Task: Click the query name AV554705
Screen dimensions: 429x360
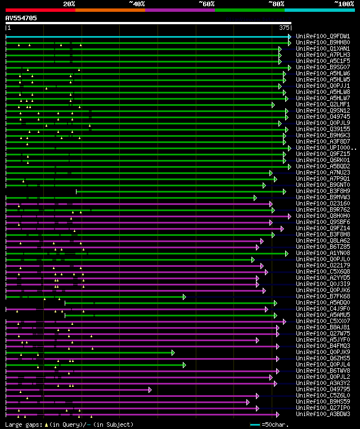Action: (21, 18)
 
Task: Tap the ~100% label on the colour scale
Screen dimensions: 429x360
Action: (344, 3)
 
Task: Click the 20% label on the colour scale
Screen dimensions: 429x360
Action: (69, 3)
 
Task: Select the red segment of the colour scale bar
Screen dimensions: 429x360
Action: (40, 10)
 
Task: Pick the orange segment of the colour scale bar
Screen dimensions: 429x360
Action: (110, 10)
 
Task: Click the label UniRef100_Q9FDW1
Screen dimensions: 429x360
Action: (323, 36)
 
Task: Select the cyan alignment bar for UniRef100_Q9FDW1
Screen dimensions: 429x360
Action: (146, 37)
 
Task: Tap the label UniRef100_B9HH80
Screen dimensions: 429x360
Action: (323, 42)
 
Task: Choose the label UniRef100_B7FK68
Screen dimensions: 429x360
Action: (323, 296)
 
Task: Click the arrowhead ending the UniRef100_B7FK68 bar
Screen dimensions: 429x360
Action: (184, 297)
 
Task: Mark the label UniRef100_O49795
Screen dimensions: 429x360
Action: (323, 389)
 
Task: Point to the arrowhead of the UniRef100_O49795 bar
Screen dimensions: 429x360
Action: (150, 390)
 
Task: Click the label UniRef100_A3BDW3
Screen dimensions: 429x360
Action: (323, 414)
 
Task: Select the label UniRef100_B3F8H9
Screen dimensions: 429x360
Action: (323, 191)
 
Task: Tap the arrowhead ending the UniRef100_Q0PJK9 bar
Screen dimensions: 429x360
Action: (173, 352)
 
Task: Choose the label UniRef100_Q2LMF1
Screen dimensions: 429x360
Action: (323, 104)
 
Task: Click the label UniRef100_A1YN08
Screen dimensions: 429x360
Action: (323, 253)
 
